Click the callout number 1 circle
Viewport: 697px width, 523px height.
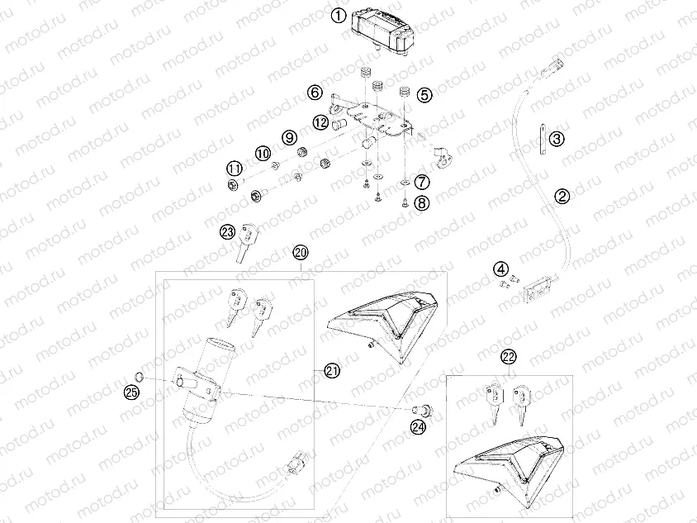[x=338, y=16]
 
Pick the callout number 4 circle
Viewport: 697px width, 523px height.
[x=501, y=269]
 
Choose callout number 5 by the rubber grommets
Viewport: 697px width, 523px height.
[x=424, y=95]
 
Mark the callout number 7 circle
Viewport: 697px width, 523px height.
[x=421, y=181]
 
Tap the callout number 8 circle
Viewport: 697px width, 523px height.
[x=423, y=201]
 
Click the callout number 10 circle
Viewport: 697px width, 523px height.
[x=262, y=153]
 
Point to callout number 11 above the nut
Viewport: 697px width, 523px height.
[x=235, y=169]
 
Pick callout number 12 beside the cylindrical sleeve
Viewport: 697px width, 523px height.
[x=321, y=122]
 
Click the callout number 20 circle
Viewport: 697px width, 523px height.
[x=300, y=251]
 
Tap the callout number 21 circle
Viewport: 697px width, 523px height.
[x=332, y=372]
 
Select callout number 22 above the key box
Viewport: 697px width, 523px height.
[x=509, y=357]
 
